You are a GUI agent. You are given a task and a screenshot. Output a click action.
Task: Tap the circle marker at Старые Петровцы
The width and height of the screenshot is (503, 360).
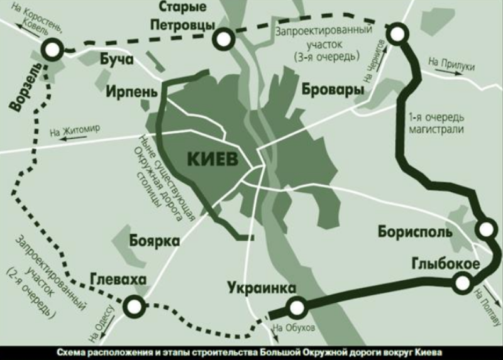(222, 39)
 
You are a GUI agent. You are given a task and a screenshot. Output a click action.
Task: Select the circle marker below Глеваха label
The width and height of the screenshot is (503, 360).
(134, 307)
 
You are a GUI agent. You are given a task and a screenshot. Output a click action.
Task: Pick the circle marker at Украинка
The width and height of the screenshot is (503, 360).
(296, 307)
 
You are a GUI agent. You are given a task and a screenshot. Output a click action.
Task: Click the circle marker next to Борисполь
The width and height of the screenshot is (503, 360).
(485, 229)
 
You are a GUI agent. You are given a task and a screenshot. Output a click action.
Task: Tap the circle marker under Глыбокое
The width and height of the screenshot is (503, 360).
(462, 284)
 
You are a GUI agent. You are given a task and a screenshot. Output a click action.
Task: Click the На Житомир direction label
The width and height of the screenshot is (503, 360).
(74, 132)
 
